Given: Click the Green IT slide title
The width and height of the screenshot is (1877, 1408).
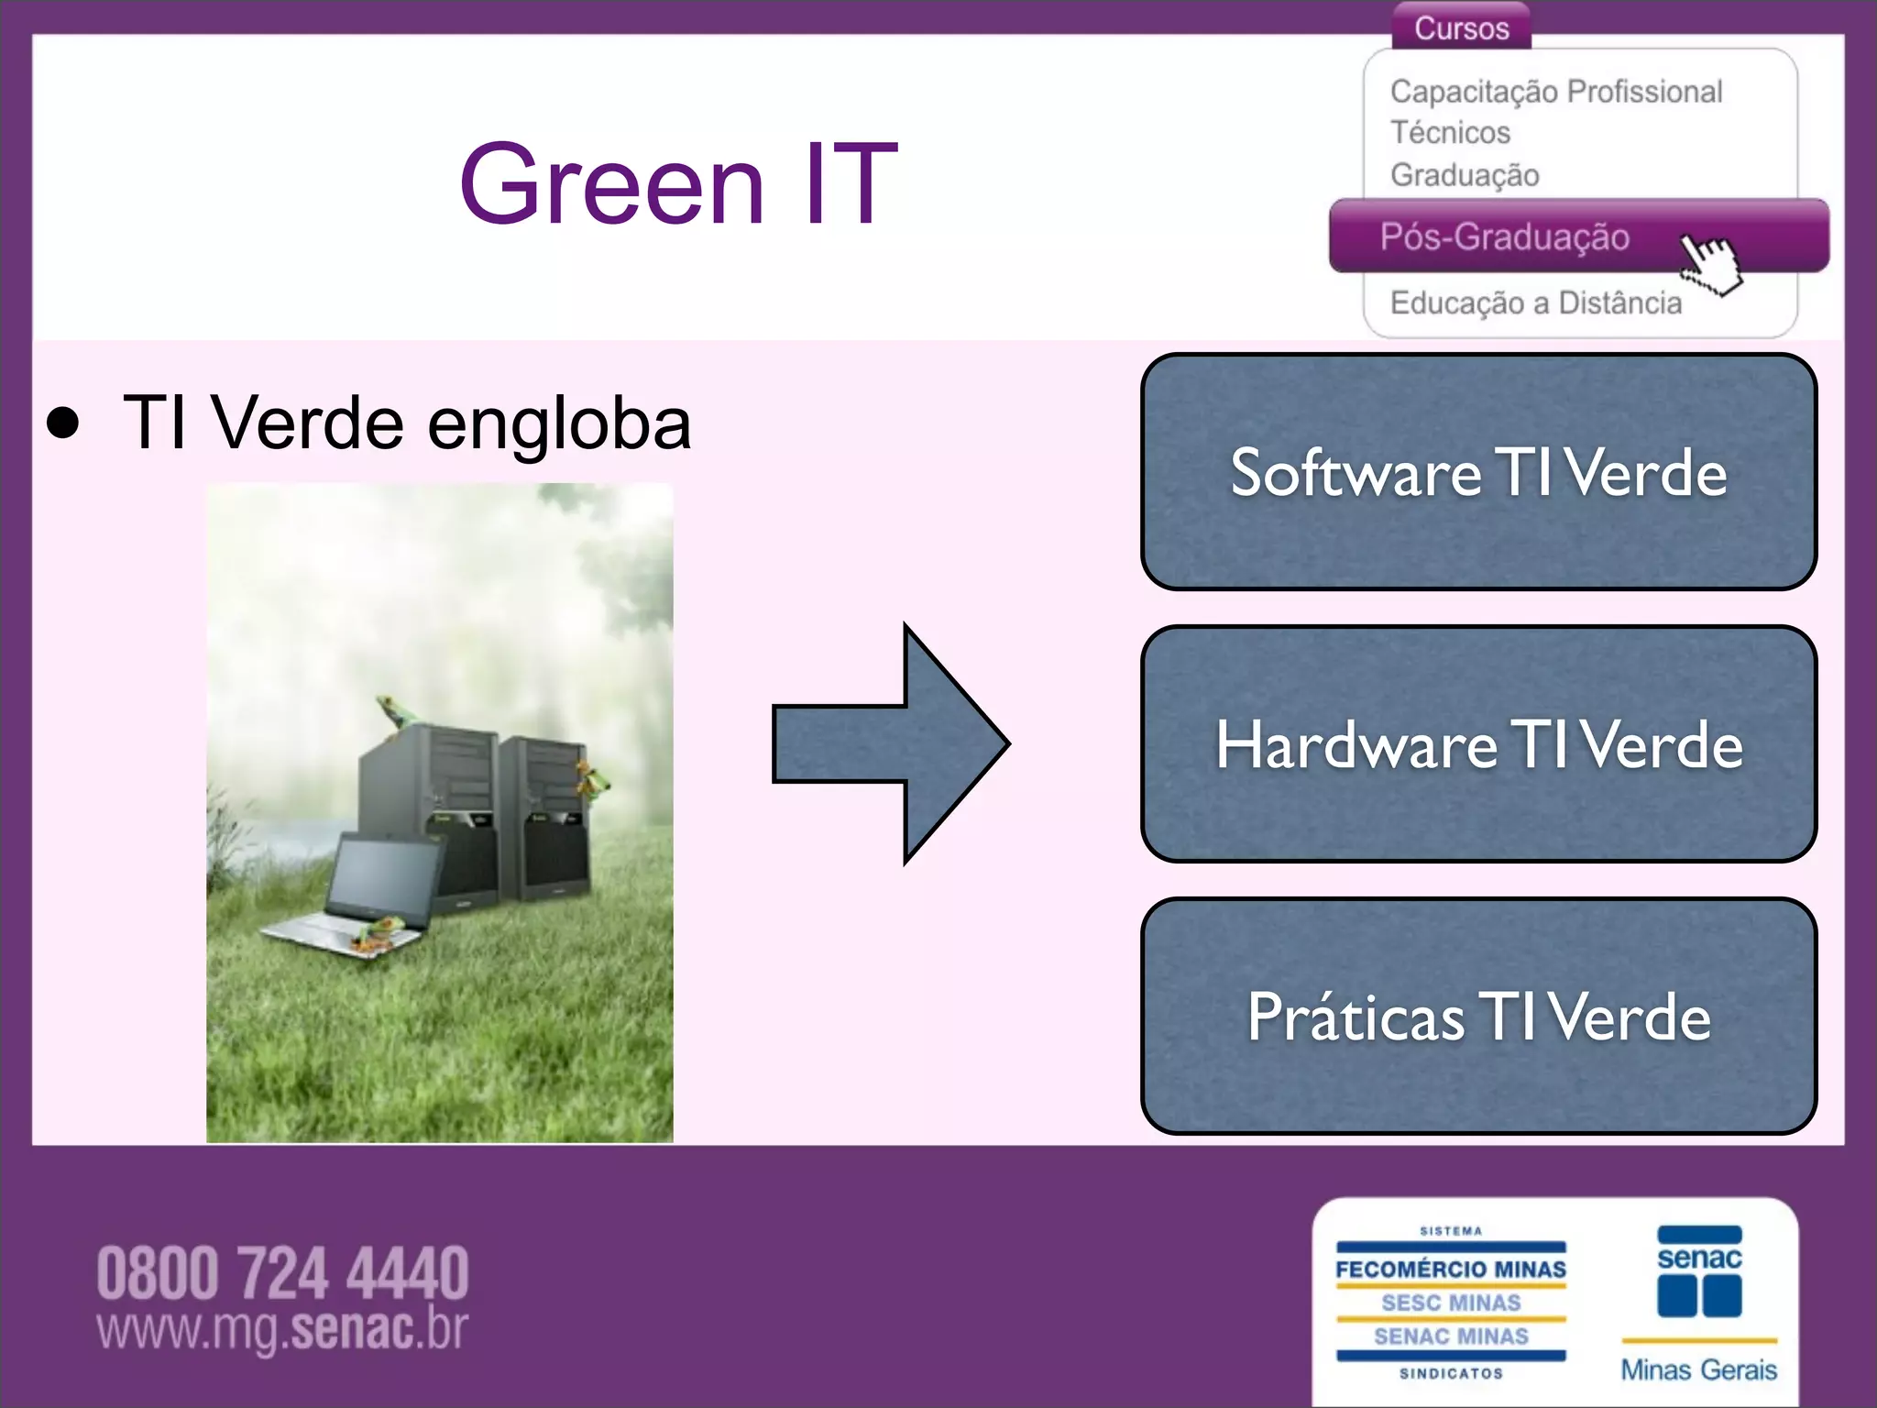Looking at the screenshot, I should [x=678, y=183].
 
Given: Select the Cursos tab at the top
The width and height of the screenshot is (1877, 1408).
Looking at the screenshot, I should [x=1461, y=27].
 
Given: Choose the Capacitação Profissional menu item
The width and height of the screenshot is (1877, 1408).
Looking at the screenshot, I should [x=1555, y=92].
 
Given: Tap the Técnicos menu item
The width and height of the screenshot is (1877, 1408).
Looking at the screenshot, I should [x=1450, y=133].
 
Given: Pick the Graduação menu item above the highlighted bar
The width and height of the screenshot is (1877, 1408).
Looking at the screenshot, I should [x=1465, y=175].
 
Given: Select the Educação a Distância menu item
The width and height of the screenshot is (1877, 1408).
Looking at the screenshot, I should [x=1536, y=302].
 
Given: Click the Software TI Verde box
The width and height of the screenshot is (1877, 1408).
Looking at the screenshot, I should [x=1478, y=472].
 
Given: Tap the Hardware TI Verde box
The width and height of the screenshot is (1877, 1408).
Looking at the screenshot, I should [x=1478, y=743].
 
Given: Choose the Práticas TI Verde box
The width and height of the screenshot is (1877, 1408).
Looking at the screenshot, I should [x=1478, y=1016].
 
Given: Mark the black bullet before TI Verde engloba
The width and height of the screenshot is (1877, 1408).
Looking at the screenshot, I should [x=63, y=423].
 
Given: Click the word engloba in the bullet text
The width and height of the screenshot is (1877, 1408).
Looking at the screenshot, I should [x=559, y=424].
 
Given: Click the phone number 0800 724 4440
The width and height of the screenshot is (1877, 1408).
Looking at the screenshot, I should [x=282, y=1273].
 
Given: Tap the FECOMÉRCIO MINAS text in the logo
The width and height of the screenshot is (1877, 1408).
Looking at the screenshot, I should [x=1451, y=1270].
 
